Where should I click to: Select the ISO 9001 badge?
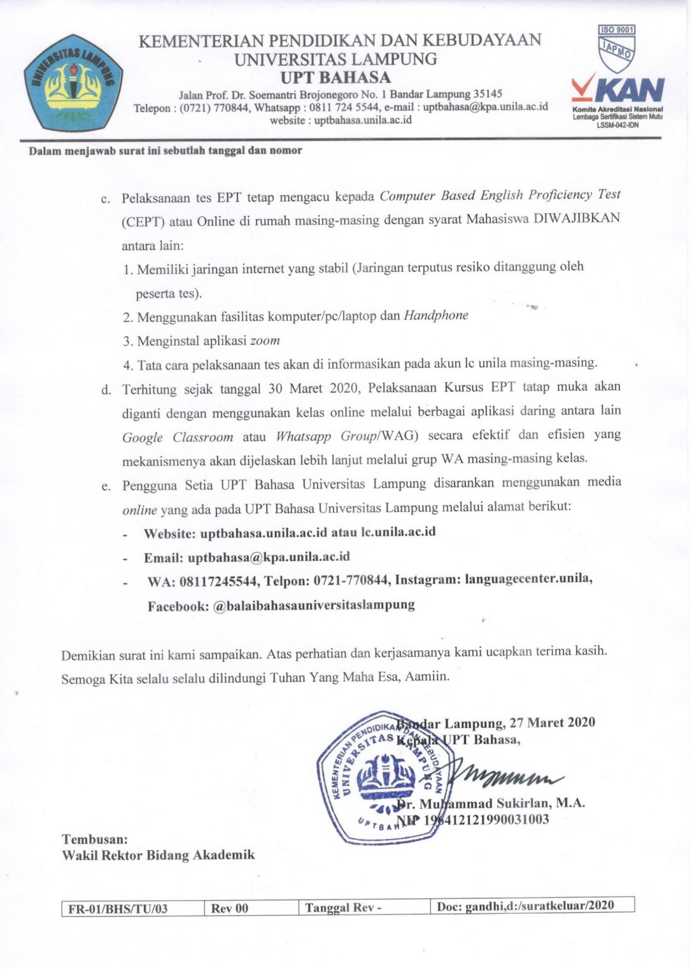[x=616, y=30]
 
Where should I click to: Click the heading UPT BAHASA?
[x=335, y=78]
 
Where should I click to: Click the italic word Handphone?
[x=436, y=315]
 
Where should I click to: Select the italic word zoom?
[x=265, y=341]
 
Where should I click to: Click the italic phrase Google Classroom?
[x=178, y=437]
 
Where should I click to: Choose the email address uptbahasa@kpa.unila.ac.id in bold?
[x=269, y=557]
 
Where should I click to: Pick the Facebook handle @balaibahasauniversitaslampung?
[x=314, y=606]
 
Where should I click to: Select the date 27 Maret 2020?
[x=553, y=723]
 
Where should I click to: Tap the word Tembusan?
[x=95, y=839]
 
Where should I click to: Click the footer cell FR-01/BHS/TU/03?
[x=118, y=909]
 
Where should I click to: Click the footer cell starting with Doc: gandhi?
[x=525, y=906]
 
